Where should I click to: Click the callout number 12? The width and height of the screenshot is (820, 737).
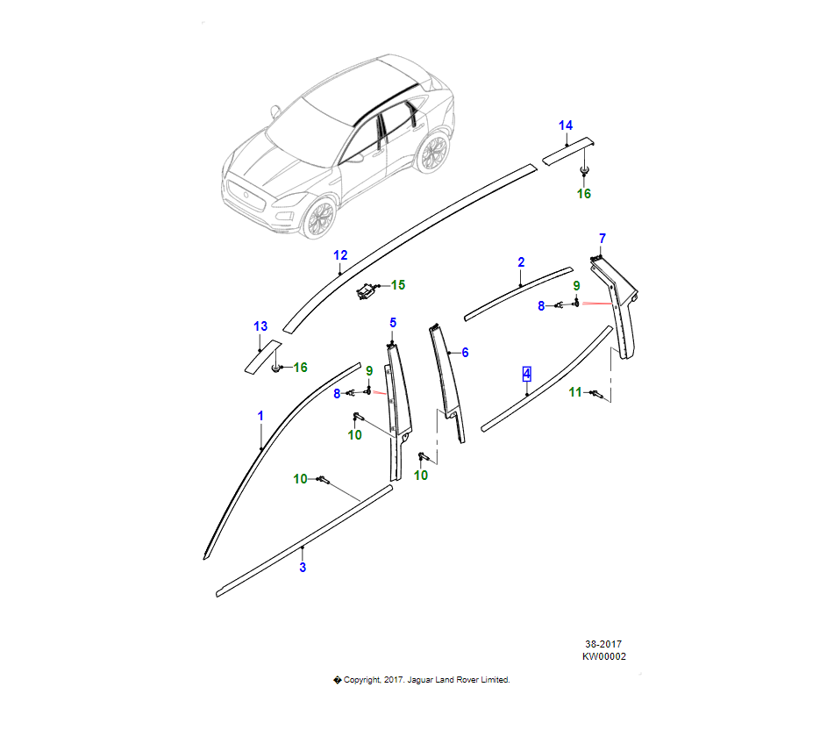point(340,255)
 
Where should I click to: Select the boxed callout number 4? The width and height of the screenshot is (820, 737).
point(526,374)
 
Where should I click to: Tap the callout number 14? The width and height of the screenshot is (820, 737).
point(566,125)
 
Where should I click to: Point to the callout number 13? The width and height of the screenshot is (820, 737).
point(260,326)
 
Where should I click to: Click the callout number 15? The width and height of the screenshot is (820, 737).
point(398,285)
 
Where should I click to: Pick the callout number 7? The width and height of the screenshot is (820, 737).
point(602,239)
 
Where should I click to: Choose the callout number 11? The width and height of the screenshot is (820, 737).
point(574,392)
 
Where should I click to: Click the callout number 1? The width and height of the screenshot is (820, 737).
point(260,414)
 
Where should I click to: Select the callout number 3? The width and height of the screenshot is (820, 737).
point(303,568)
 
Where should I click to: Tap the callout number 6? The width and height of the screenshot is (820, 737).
point(465,353)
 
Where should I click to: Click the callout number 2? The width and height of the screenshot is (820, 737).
point(521,262)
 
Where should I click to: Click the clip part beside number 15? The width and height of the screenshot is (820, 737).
point(367,290)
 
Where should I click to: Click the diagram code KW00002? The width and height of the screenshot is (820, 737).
point(604,655)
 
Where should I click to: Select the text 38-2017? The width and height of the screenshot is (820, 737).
point(604,643)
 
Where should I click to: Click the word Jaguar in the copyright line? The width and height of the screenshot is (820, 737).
point(423,680)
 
